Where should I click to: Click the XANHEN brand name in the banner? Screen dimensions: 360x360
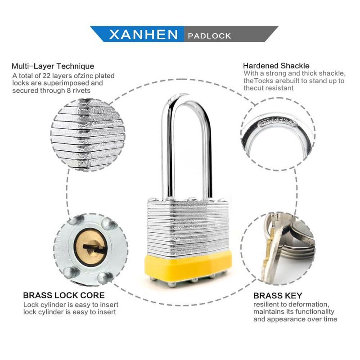[144, 35]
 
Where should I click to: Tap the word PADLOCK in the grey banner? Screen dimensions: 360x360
[209, 36]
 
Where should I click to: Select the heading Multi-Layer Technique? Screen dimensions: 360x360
[53, 66]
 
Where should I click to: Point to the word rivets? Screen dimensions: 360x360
[81, 90]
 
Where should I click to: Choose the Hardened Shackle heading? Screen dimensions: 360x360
[276, 66]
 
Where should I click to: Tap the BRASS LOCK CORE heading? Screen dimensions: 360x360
[64, 295]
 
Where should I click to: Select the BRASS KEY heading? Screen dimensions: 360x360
[278, 296]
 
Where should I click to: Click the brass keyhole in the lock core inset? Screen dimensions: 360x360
[91, 247]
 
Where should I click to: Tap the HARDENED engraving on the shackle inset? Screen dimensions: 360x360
[277, 122]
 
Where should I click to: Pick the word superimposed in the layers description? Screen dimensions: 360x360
[66, 83]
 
